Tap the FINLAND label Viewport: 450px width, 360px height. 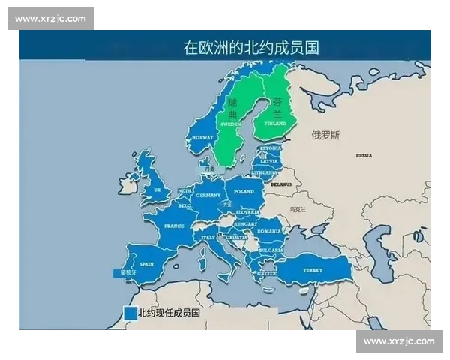(275, 122)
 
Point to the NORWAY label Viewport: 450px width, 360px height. (202, 138)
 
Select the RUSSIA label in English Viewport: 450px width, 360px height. (364, 155)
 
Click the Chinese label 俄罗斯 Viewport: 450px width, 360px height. (325, 136)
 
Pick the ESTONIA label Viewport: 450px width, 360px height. (269, 148)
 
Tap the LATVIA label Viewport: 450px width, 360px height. (268, 160)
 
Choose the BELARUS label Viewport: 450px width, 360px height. (281, 183)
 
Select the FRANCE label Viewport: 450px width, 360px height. (174, 225)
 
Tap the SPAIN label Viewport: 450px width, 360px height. (146, 263)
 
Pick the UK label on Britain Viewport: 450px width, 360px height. (157, 190)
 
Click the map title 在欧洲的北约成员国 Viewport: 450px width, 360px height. (251, 47)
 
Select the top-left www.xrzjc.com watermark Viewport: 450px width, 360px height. (50, 19)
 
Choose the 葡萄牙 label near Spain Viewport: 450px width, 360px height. (128, 273)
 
